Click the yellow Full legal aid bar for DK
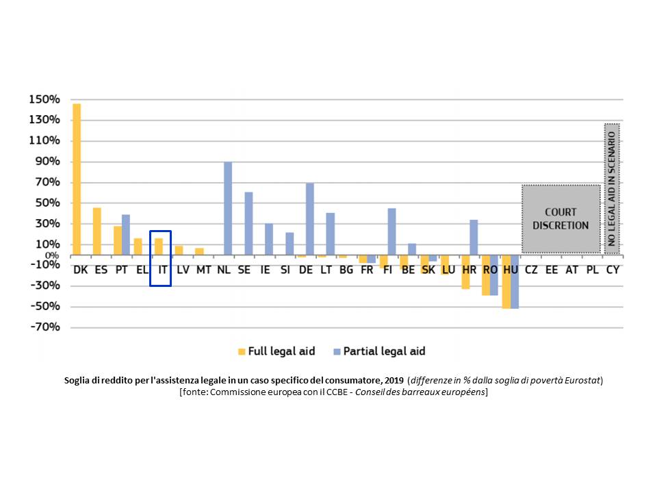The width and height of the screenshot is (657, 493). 77,179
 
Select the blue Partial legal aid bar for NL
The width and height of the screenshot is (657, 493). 228,208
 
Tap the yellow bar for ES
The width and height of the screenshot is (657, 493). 97,231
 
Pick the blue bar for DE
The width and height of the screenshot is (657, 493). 310,219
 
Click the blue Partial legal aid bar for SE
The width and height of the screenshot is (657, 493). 248,223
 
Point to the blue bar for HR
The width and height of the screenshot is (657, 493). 474,237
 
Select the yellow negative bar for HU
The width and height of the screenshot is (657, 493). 506,282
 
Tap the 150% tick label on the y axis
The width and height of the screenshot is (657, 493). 45,99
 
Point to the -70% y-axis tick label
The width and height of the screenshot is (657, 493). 45,327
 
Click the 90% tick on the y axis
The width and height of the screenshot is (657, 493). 48,162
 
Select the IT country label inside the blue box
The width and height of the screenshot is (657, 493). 162,270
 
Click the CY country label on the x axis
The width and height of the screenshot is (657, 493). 613,270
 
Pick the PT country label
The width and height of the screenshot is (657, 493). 121,270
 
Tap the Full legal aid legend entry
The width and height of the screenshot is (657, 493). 280,351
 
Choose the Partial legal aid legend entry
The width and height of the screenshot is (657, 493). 383,351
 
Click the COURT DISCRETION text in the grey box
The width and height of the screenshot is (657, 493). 561,218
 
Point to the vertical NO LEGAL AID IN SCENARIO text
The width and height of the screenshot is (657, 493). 612,186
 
